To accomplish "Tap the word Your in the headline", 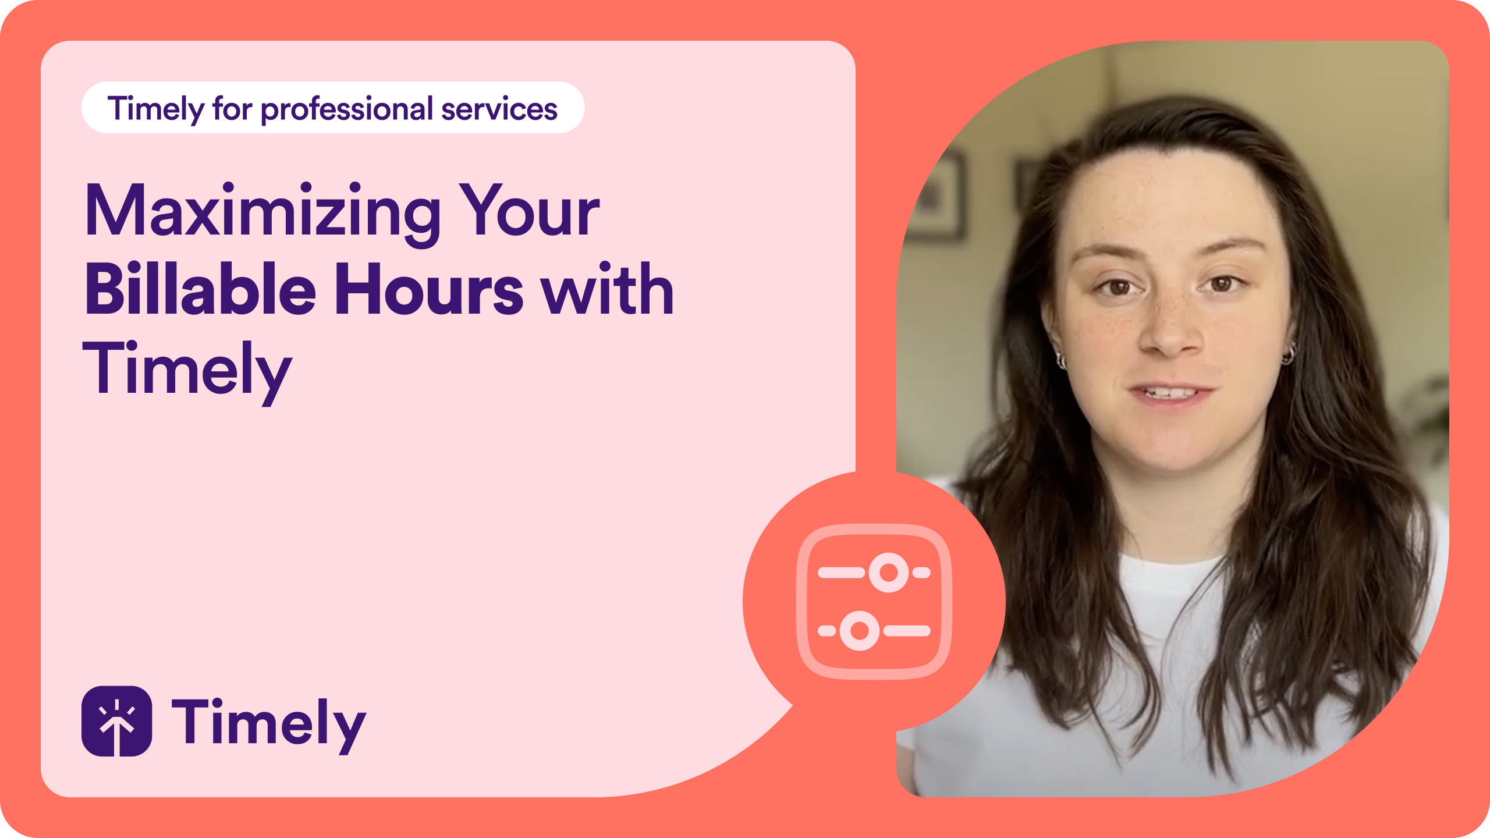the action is [530, 210].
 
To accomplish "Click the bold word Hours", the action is [430, 289].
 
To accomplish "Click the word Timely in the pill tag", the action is [156, 109].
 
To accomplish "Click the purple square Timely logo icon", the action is [117, 721].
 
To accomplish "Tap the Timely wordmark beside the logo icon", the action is [269, 725].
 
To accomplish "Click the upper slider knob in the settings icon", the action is [889, 573].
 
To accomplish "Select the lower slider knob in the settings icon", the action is [860, 631].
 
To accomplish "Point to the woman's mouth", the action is [1170, 393].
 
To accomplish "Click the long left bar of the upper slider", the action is [841, 573].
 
